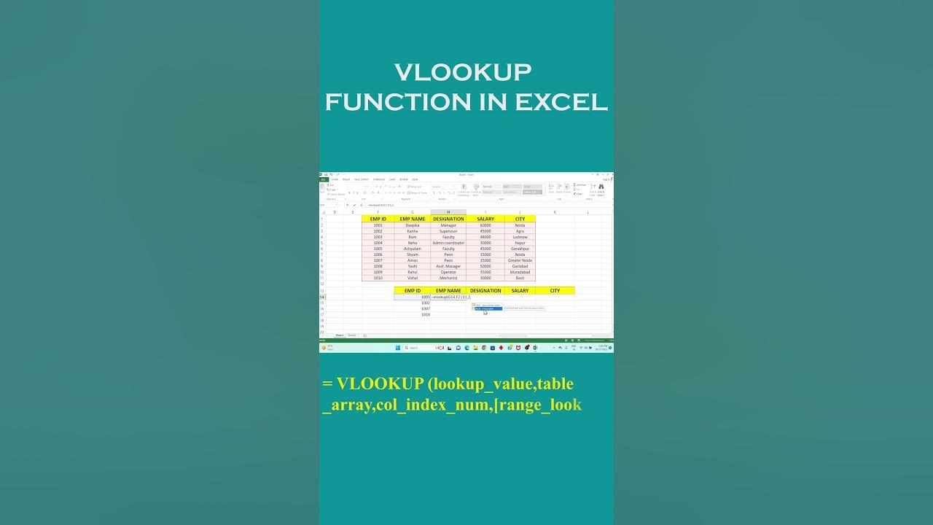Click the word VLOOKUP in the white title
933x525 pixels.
pos(463,73)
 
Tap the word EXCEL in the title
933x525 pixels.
pos(561,103)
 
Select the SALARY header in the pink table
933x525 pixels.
pos(485,219)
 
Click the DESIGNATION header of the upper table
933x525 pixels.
pos(448,219)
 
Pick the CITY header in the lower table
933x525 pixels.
pos(555,291)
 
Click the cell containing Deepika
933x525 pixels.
pos(413,225)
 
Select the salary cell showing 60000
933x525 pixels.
pos(485,225)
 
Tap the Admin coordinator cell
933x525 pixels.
pos(448,243)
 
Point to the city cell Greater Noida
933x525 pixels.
pos(520,260)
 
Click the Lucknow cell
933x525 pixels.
pos(520,237)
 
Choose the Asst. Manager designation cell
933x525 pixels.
pos(448,266)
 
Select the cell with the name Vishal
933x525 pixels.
pos(413,278)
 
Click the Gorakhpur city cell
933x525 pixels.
pos(520,249)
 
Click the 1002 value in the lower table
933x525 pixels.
pos(425,303)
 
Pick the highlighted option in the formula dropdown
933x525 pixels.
pos(486,308)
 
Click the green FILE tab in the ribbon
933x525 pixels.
pos(324,179)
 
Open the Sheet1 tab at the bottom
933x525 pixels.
pos(340,335)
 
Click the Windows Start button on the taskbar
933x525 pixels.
pos(397,348)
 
